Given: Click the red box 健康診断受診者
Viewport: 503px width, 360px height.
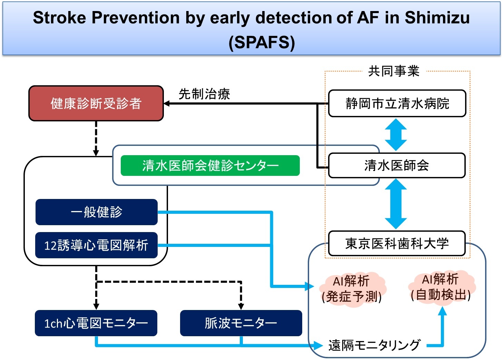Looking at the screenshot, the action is pyautogui.click(x=96, y=103).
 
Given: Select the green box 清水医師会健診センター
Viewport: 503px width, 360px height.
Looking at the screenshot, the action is pyautogui.click(x=210, y=166).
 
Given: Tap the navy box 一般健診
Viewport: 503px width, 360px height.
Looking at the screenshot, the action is pyautogui.click(x=97, y=212).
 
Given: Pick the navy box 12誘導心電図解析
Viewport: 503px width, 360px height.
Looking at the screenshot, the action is pyautogui.click(x=97, y=245).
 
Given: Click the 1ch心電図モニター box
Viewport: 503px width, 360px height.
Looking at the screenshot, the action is pyautogui.click(x=96, y=323).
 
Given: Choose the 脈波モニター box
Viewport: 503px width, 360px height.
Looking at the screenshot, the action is pyautogui.click(x=241, y=323).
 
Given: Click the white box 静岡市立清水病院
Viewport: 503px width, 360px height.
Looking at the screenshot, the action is pyautogui.click(x=397, y=103).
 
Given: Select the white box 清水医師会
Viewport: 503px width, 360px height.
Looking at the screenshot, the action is pyautogui.click(x=397, y=166).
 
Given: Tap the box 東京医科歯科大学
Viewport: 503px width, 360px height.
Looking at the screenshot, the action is pyautogui.click(x=397, y=243).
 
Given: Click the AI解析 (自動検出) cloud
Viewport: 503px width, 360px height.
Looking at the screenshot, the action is pyautogui.click(x=441, y=287).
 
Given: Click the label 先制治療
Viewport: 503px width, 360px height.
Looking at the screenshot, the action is pyautogui.click(x=204, y=94).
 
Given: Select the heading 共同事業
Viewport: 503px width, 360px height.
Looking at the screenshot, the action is pyautogui.click(x=394, y=71).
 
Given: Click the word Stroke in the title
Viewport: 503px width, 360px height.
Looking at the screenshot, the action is pyautogui.click(x=59, y=18).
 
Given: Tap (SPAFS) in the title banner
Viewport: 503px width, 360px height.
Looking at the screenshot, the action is pyautogui.click(x=262, y=42).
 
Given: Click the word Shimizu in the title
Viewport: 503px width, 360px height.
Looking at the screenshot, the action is pyautogui.click(x=437, y=18).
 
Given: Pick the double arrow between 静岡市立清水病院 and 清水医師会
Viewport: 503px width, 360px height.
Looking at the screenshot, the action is pyautogui.click(x=396, y=135).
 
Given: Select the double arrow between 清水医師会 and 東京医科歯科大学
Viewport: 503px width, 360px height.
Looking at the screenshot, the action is pyautogui.click(x=396, y=204).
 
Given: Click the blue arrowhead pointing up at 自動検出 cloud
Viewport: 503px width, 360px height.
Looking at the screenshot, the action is pyautogui.click(x=442, y=311).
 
